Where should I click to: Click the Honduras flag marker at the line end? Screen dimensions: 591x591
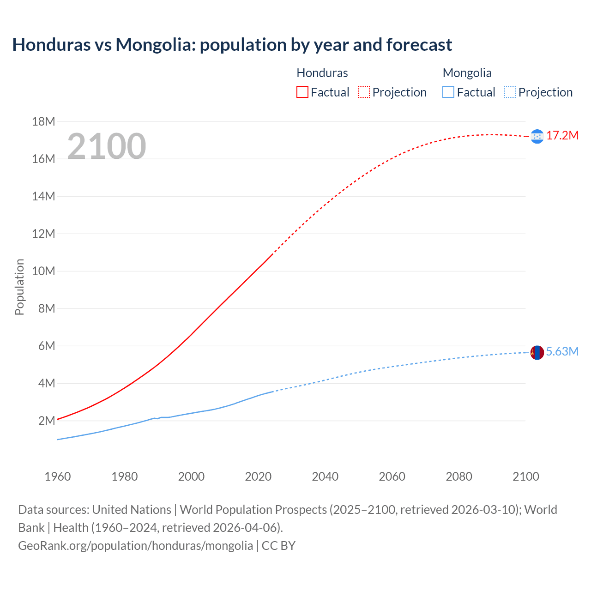[537, 136]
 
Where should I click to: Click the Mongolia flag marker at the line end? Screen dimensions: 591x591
[537, 353]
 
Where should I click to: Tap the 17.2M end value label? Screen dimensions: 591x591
[562, 135]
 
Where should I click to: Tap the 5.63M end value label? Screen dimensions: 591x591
[562, 352]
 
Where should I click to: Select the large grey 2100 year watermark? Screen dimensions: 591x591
[107, 146]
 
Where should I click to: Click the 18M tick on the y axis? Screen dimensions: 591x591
[43, 121]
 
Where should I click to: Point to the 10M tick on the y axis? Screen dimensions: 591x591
[43, 271]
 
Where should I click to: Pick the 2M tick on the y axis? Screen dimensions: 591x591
[47, 421]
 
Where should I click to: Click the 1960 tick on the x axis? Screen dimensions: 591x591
[58, 476]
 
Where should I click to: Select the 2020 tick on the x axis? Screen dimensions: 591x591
[258, 476]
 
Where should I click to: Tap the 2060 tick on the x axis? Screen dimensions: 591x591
[392, 476]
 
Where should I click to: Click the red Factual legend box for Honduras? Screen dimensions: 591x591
[302, 92]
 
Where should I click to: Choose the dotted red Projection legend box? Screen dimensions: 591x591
[364, 92]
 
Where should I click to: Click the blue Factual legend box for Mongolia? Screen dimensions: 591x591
[448, 92]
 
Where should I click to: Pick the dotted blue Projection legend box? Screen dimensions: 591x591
[510, 92]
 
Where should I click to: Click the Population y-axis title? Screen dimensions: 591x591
[19, 287]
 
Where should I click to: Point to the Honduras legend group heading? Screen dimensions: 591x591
[322, 73]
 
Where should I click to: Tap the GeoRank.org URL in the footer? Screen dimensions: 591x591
[135, 546]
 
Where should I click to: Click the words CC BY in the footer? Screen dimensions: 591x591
[278, 546]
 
